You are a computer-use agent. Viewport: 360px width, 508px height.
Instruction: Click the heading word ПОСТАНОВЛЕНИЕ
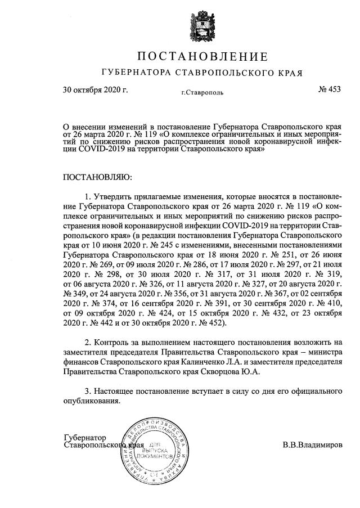(202, 57)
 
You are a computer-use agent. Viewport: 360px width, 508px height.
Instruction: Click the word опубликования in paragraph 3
(91, 401)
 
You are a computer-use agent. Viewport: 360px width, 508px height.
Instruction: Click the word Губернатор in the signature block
(85, 437)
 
